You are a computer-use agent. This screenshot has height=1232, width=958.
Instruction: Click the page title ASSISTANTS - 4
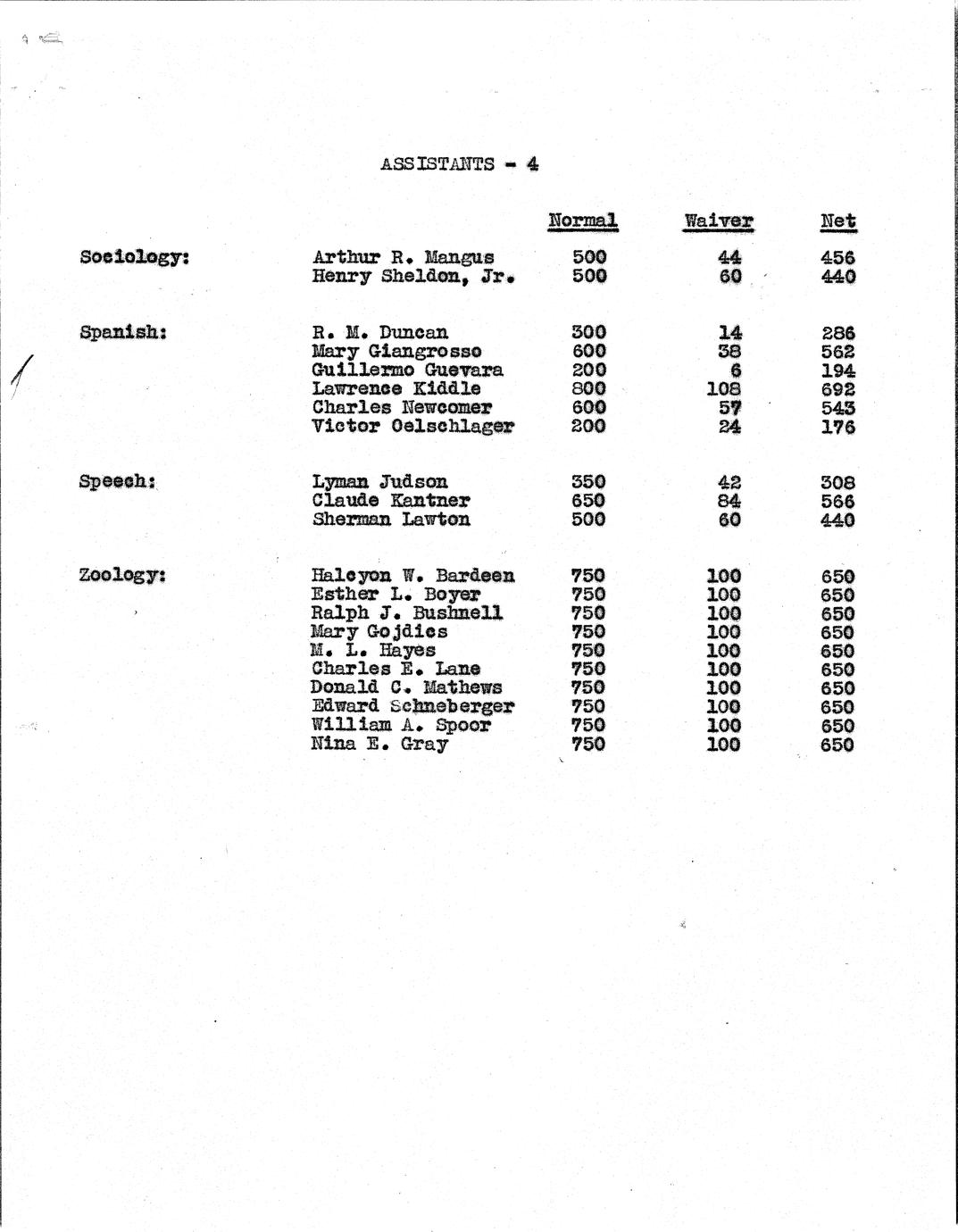459,164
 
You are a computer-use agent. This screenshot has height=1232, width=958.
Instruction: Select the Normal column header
582,221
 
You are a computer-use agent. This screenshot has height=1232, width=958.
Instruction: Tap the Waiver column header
718,221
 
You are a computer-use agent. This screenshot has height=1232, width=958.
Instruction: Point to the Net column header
837,221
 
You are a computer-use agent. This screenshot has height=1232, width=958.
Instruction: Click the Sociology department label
134,257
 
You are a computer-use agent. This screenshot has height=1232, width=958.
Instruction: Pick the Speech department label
118,481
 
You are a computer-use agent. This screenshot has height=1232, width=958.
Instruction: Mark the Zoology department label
122,575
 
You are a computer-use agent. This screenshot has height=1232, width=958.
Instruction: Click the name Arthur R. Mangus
403,258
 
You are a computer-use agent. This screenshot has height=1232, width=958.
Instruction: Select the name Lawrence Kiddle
396,388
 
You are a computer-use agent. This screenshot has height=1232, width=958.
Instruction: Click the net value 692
837,389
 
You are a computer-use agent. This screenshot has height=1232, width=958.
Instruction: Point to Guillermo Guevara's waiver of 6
735,370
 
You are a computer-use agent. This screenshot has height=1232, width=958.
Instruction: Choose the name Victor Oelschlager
412,426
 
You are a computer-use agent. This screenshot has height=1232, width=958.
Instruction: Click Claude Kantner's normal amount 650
587,501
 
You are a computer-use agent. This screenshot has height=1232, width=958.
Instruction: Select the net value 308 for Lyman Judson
837,483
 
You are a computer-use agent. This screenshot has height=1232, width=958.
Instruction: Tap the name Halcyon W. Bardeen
412,576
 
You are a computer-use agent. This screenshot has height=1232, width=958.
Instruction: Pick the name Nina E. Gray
379,744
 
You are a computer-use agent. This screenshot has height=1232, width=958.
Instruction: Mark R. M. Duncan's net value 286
837,334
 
